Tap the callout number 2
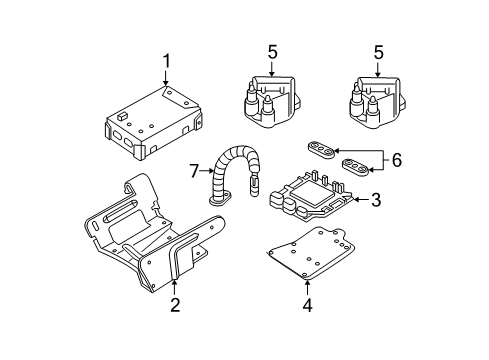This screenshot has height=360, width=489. coord(174,304)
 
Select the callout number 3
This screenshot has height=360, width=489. coord(375,201)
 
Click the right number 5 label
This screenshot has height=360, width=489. coord(379,52)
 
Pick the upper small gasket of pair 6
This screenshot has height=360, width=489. coord(322,148)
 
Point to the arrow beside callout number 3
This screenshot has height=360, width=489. coord(357,201)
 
